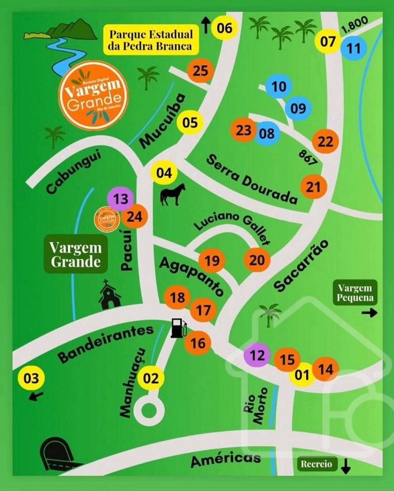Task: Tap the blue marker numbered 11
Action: click(x=354, y=49)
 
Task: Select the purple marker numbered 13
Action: click(x=121, y=199)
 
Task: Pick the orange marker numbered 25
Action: click(x=200, y=71)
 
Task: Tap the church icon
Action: click(x=109, y=296)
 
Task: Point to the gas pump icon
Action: click(x=178, y=328)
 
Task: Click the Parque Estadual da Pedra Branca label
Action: click(x=151, y=41)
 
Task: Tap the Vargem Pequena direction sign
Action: click(x=355, y=292)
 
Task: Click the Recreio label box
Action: click(x=316, y=464)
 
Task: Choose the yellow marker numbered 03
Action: click(x=31, y=379)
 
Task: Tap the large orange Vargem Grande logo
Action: click(x=93, y=96)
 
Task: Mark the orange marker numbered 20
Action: click(x=257, y=260)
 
